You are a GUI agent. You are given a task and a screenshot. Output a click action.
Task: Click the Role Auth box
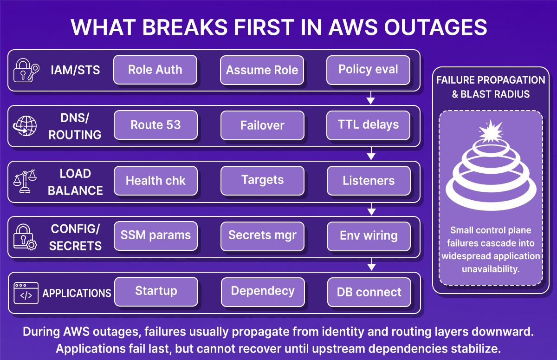tap(155, 70)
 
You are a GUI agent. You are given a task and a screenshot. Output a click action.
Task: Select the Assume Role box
tap(262, 70)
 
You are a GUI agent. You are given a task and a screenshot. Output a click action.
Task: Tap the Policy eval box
tap(368, 70)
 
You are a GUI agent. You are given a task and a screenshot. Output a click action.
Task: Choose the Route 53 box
tap(155, 125)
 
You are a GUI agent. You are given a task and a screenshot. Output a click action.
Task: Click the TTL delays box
tap(368, 125)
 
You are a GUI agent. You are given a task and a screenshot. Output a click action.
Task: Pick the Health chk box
tap(155, 181)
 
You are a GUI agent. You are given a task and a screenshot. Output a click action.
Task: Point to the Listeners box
tap(368, 181)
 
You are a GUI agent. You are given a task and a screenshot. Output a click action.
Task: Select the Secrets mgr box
tap(262, 236)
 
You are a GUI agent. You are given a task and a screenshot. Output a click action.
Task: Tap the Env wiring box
tap(368, 236)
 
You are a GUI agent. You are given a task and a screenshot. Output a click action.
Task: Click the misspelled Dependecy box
tap(262, 292)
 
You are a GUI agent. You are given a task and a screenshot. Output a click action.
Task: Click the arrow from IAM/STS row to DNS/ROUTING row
tap(370, 98)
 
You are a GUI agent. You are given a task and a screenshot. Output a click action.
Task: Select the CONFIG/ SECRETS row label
tap(75, 237)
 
